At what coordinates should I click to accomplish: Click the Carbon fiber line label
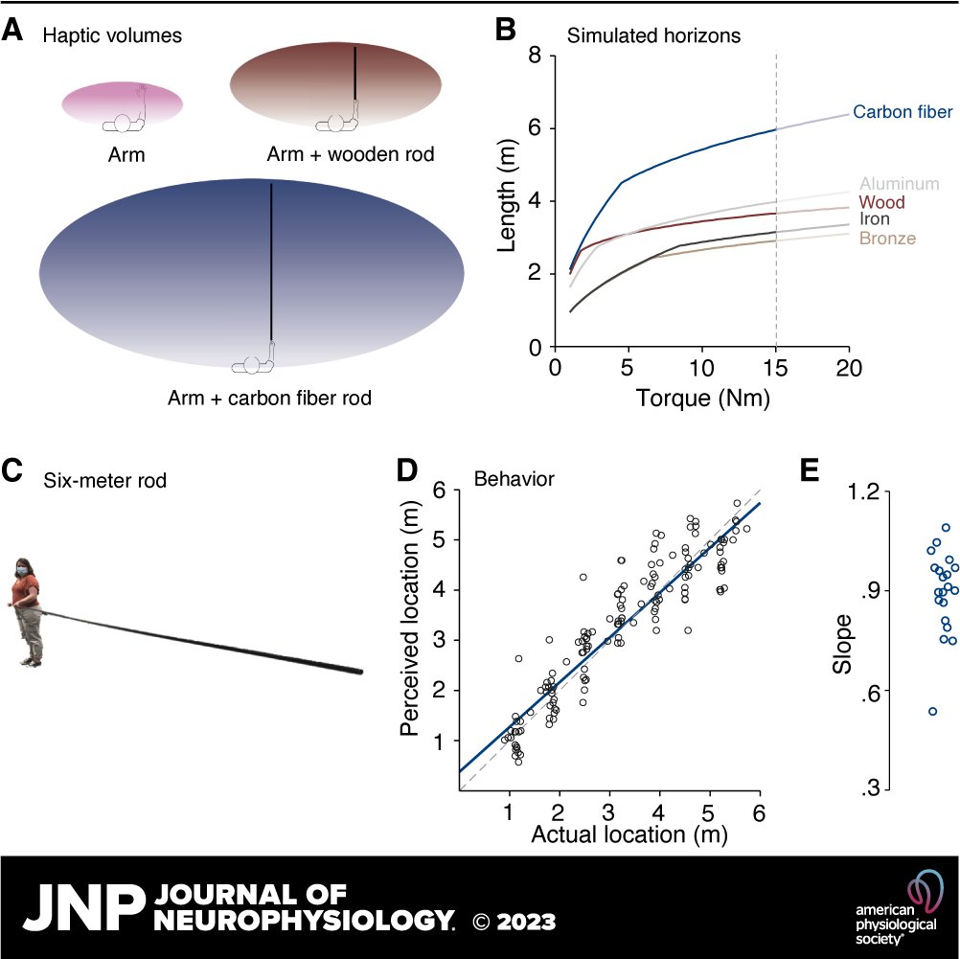903,113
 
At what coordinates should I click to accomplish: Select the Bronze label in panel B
888,239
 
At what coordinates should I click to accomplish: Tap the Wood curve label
882,202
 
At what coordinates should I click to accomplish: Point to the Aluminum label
899,183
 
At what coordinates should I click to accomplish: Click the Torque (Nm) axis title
702,395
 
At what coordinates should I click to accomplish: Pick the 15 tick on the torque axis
775,369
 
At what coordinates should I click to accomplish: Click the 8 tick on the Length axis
535,56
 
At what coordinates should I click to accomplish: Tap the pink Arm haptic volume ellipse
123,102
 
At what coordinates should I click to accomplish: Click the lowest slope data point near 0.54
932,711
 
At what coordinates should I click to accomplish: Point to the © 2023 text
514,922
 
